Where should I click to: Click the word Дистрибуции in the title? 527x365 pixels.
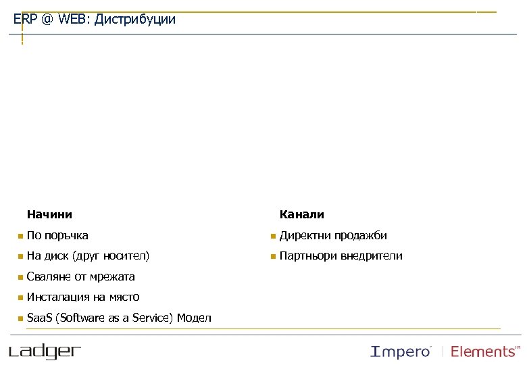(135, 20)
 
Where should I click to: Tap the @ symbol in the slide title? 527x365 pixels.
(47, 20)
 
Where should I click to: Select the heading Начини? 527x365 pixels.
(49, 215)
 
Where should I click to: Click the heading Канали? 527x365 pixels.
(302, 215)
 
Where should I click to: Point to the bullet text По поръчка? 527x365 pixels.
(57, 236)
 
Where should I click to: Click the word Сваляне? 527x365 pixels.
(49, 276)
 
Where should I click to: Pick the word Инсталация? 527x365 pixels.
(59, 297)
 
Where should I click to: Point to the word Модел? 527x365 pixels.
(194, 318)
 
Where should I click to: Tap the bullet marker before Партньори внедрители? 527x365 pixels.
(272, 257)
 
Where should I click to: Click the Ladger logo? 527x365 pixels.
(45, 351)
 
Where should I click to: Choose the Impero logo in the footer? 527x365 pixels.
(401, 351)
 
